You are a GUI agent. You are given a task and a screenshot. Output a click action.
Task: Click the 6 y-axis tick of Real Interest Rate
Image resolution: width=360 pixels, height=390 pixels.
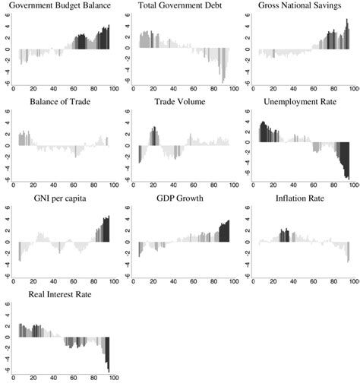tap(7, 303)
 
